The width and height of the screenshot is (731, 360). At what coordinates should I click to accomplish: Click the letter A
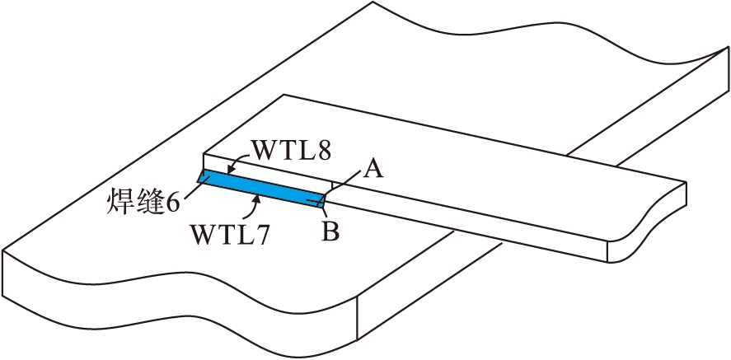coord(373,169)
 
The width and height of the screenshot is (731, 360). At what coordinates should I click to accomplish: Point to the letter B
coord(330,232)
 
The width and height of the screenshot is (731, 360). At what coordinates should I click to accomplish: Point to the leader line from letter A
coord(345,182)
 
